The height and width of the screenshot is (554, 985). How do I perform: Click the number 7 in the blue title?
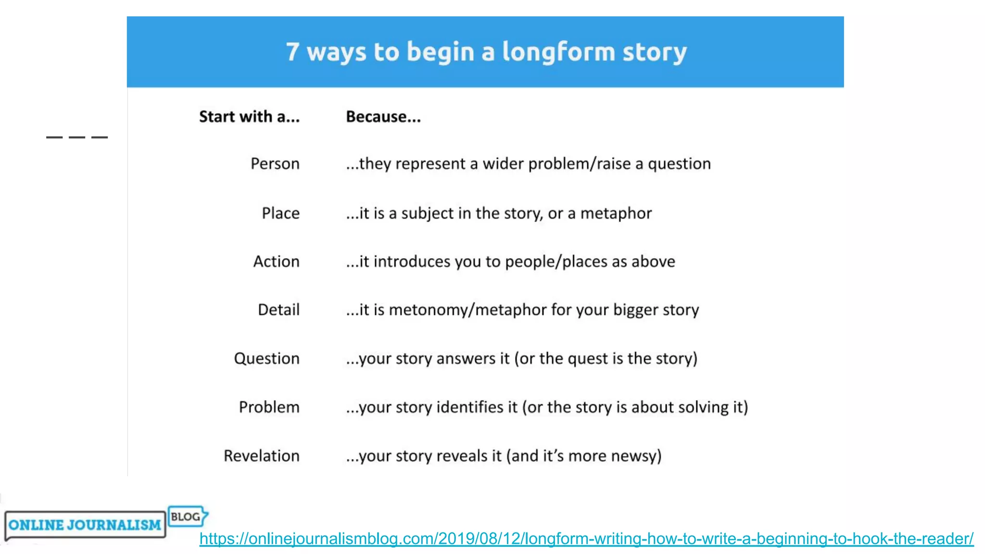[x=292, y=51]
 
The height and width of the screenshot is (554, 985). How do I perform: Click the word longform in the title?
[x=558, y=51]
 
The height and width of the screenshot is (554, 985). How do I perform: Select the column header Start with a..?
[x=249, y=117]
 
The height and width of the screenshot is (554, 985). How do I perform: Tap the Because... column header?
[x=383, y=117]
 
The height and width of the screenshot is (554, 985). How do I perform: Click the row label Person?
[x=275, y=164]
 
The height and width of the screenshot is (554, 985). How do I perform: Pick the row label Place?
[x=280, y=213]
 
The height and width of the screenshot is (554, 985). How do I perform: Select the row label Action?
[x=276, y=262]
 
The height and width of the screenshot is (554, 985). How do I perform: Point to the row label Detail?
[x=278, y=310]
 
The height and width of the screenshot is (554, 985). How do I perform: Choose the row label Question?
[x=266, y=359]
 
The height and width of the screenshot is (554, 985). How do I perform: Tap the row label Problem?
[x=269, y=407]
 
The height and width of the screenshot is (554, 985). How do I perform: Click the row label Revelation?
[x=261, y=456]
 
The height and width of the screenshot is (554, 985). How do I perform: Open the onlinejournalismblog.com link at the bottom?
[x=586, y=539]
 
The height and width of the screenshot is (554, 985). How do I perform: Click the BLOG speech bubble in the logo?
[x=187, y=516]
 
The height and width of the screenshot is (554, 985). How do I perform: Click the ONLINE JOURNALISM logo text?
[x=85, y=525]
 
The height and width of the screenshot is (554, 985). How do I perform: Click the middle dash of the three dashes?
[x=77, y=138]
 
